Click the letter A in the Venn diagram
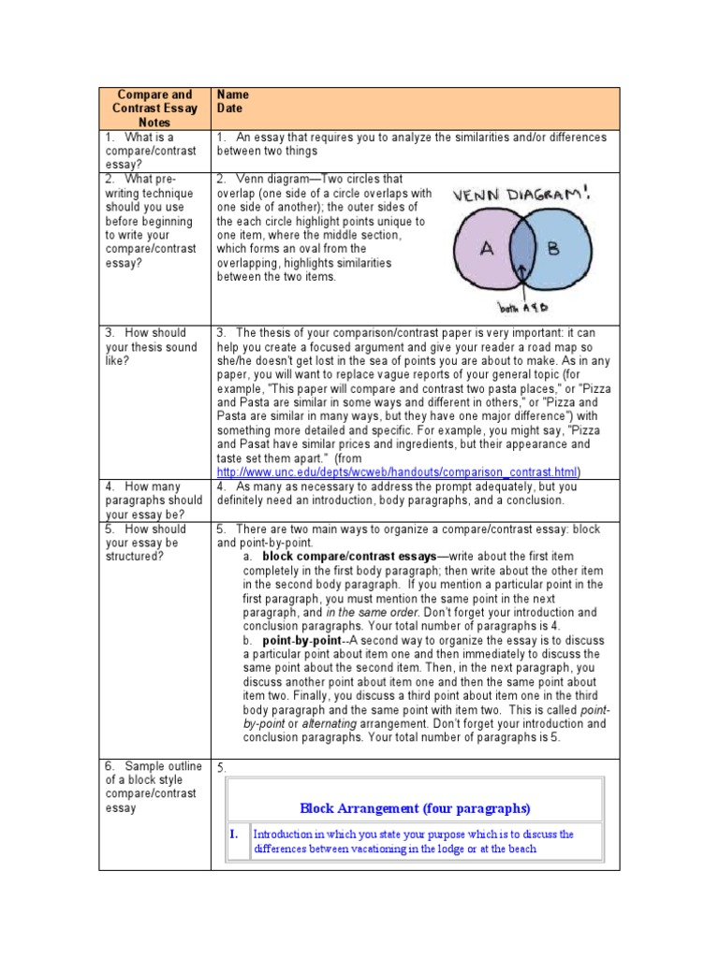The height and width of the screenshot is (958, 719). click(x=486, y=250)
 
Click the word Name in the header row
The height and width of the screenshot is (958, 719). click(x=233, y=94)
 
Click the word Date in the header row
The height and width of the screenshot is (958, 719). click(x=230, y=109)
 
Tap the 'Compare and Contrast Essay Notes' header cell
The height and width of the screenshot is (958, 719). click(x=154, y=109)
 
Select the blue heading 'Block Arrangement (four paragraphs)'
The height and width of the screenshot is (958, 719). click(x=415, y=807)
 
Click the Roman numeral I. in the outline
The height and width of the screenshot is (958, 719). click(x=235, y=834)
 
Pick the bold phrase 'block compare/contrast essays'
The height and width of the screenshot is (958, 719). click(x=350, y=556)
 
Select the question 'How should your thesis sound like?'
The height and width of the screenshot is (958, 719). click(x=151, y=347)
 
